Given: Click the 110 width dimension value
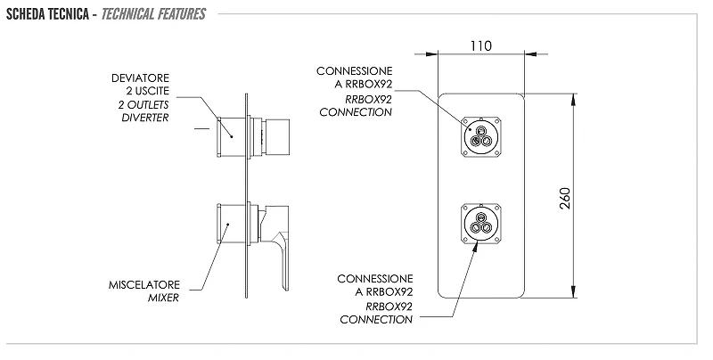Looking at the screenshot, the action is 480,46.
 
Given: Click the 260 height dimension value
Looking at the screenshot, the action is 564,198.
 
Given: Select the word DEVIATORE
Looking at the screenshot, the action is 140,78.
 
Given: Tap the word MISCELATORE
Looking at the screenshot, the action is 144,285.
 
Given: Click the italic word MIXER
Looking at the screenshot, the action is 163,299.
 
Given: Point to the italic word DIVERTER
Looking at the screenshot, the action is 145,118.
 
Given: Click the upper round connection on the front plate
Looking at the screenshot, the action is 481,137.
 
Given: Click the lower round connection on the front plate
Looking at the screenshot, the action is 481,224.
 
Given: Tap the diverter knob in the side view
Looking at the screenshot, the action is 276,138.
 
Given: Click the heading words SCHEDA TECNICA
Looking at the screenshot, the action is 47,14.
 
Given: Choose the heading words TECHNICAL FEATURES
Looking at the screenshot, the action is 153,14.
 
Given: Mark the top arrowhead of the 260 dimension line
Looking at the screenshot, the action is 574,100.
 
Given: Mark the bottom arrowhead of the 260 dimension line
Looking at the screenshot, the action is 574,291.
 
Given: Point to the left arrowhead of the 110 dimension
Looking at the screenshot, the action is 431,54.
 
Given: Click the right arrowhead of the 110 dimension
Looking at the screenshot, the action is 530,54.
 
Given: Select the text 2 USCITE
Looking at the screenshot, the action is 148,91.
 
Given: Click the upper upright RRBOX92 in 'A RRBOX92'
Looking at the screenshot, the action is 369,85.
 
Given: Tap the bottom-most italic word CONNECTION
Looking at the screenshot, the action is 376,320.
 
